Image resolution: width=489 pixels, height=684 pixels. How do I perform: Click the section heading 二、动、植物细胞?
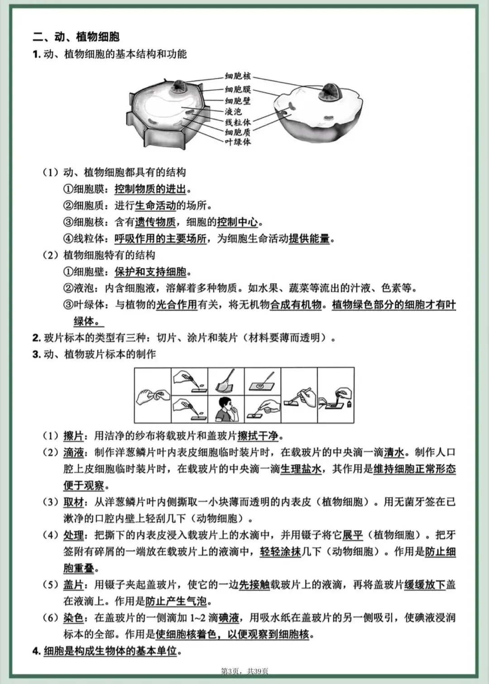(76, 37)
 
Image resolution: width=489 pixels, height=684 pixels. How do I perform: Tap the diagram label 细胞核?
(238, 76)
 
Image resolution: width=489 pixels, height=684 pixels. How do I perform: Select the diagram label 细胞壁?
(238, 100)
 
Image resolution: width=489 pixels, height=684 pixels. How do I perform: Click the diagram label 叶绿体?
(238, 142)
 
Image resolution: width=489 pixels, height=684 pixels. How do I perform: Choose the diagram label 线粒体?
(238, 122)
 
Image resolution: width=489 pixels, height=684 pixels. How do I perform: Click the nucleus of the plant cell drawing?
(178, 86)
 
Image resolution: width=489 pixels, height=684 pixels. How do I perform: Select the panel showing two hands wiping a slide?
(153, 395)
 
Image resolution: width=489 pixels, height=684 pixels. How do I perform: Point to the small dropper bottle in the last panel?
(349, 402)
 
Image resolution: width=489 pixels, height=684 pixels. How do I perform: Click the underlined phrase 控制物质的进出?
(150, 189)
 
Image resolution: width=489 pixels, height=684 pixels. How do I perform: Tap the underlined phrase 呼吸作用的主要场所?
(160, 239)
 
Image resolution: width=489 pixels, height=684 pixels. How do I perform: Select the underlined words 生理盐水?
(301, 469)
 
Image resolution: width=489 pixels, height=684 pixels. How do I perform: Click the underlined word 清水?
(394, 452)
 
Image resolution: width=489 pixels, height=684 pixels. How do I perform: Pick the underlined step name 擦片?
(73, 436)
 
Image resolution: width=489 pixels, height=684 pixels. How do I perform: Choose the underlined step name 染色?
(73, 618)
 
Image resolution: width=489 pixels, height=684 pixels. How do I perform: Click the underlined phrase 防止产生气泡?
(176, 601)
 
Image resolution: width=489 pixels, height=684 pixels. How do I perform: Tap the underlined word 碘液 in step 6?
(229, 618)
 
